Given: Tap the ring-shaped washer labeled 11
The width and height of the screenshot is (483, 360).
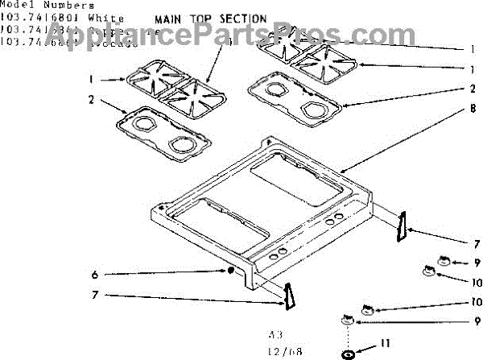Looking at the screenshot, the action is pos(348,354).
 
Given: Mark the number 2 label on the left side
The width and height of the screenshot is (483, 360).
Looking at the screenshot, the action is pos(92,100).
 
